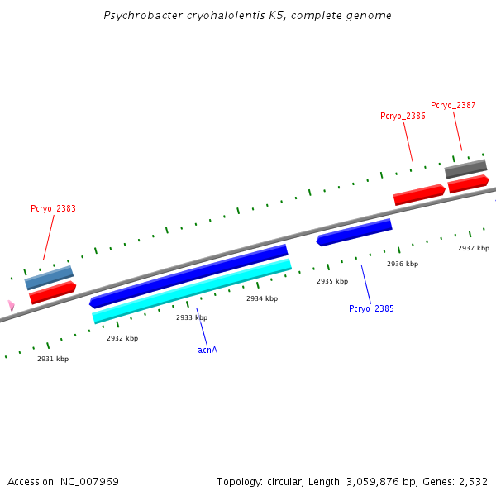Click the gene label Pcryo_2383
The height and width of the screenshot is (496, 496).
[x=53, y=208]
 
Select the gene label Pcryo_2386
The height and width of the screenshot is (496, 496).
[x=403, y=116]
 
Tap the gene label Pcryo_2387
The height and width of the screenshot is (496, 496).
[x=453, y=105]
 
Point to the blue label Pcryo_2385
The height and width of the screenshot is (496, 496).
[x=371, y=308]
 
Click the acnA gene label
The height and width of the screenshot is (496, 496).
[x=207, y=350]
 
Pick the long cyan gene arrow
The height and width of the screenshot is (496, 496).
[x=192, y=290]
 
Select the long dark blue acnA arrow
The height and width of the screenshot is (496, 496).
[x=188, y=275]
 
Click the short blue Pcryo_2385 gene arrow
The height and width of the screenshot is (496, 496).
[x=354, y=232]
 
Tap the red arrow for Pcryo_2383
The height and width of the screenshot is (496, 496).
[x=53, y=292]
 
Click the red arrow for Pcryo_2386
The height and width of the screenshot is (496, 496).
[x=419, y=194]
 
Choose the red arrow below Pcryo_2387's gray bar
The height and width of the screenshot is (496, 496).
[x=468, y=183]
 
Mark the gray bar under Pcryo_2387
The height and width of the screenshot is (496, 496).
[x=465, y=169]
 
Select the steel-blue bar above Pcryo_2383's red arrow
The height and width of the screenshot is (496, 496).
[x=49, y=277]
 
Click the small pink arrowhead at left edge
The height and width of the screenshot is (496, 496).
[x=11, y=305]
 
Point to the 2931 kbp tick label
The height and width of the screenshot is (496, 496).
[x=53, y=359]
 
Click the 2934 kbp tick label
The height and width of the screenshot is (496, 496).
[x=262, y=298]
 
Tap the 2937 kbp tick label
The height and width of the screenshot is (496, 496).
[x=474, y=248]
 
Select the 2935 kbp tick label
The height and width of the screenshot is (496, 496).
[x=332, y=281]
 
